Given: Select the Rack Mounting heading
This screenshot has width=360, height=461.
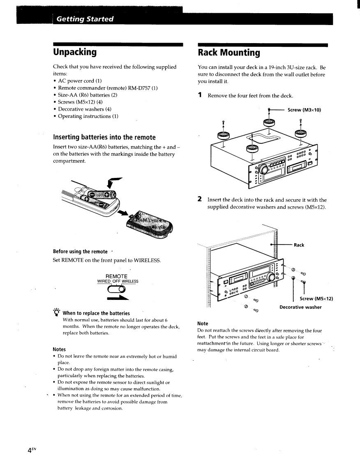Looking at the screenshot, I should pos(229,53).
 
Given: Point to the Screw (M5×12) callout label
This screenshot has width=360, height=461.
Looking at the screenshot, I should pos(316,299).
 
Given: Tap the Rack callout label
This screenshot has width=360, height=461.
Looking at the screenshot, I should pos(299,245).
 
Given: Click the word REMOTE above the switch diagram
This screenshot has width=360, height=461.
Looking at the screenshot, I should pos(116,276).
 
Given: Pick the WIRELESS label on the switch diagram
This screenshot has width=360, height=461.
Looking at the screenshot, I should pos(129,281).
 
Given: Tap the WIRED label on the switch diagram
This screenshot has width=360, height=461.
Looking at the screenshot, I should pos(104,281).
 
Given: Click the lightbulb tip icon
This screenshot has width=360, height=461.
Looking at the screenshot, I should pos(57,312).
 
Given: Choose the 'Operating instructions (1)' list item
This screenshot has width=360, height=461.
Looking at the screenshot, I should pos(88,116).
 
